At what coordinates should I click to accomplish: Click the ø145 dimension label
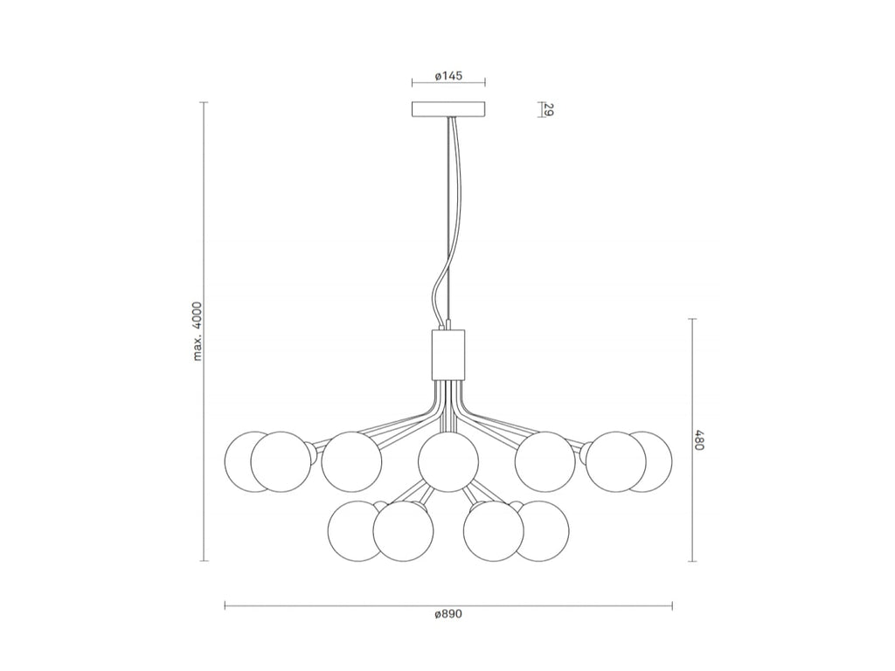pyautogui.click(x=448, y=75)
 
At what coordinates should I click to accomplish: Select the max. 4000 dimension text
pyautogui.click(x=198, y=331)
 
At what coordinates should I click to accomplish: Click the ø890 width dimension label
pyautogui.click(x=448, y=614)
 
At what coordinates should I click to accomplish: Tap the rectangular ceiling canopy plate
pyautogui.click(x=448, y=109)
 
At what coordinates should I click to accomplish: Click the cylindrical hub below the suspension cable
pyautogui.click(x=448, y=354)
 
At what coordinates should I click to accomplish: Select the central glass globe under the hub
pyautogui.click(x=448, y=461)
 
